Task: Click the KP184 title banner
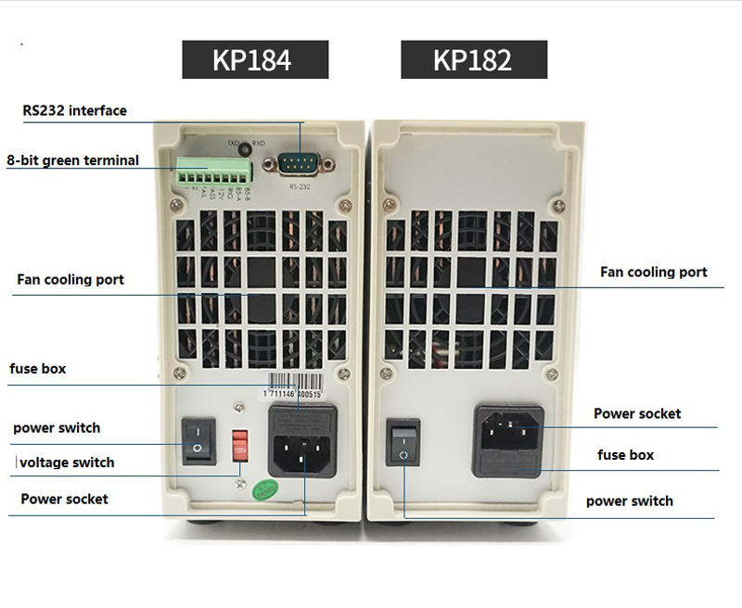[252, 60]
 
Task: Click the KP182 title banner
[473, 60]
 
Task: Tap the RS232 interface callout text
[75, 111]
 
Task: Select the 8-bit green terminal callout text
[73, 160]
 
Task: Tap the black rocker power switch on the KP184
[197, 441]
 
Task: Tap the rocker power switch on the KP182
[403, 444]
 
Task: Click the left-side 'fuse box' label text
[38, 369]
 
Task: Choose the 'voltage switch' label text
[67, 462]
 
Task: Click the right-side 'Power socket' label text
[637, 413]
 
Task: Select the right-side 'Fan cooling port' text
[654, 272]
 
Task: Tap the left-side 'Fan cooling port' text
[70, 280]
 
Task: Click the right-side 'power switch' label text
[630, 501]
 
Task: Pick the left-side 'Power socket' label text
[65, 499]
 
